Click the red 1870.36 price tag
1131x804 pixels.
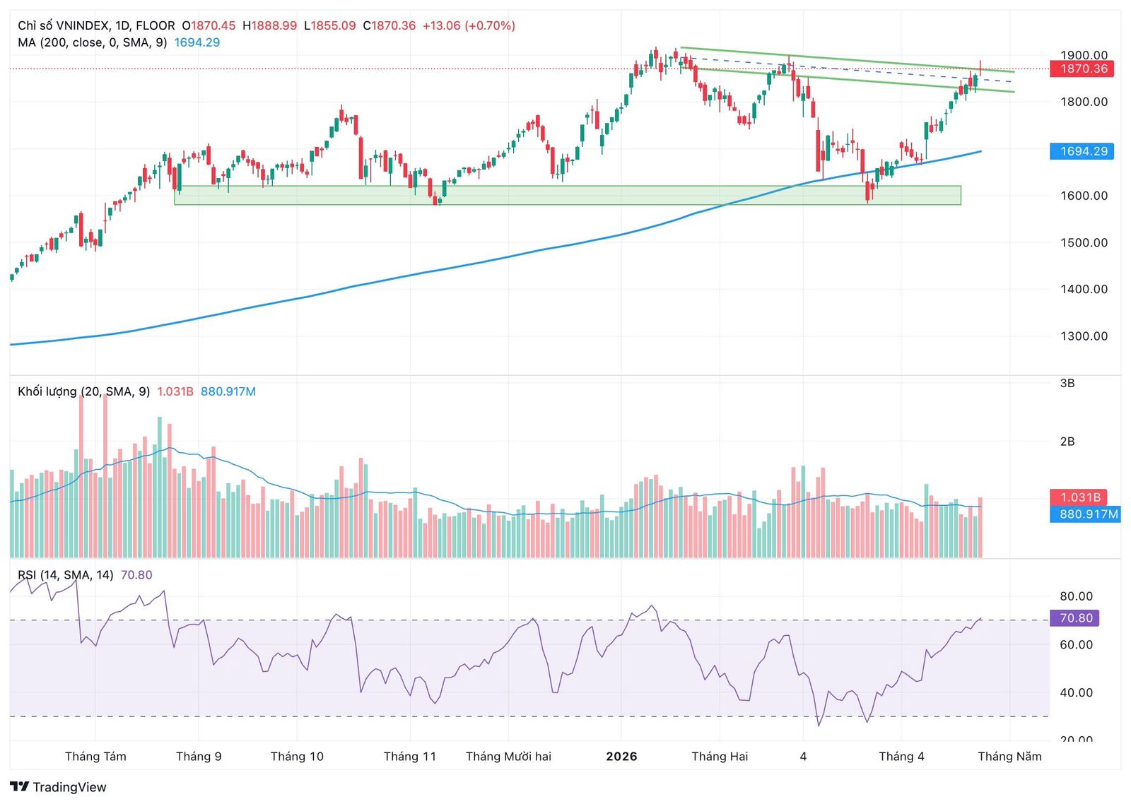(1082, 69)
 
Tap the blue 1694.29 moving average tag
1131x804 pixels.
(1082, 151)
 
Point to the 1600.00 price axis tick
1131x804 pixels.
(1084, 196)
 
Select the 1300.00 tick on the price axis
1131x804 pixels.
(1084, 336)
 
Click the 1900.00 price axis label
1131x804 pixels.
(1084, 55)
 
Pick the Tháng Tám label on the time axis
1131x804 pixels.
(95, 757)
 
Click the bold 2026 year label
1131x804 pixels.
(621, 757)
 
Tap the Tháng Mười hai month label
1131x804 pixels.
(508, 757)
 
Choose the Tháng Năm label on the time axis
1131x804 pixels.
(1009, 757)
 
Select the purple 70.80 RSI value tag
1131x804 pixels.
(1075, 618)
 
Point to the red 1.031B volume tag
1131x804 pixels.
(1080, 497)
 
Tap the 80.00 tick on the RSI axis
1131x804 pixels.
(1076, 596)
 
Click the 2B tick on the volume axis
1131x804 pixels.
(1067, 442)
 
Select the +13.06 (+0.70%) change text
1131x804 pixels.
(469, 25)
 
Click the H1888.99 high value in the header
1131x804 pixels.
(269, 25)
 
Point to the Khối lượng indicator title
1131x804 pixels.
(83, 391)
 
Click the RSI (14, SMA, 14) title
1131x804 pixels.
(66, 575)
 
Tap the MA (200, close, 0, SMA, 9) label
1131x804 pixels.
(92, 42)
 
